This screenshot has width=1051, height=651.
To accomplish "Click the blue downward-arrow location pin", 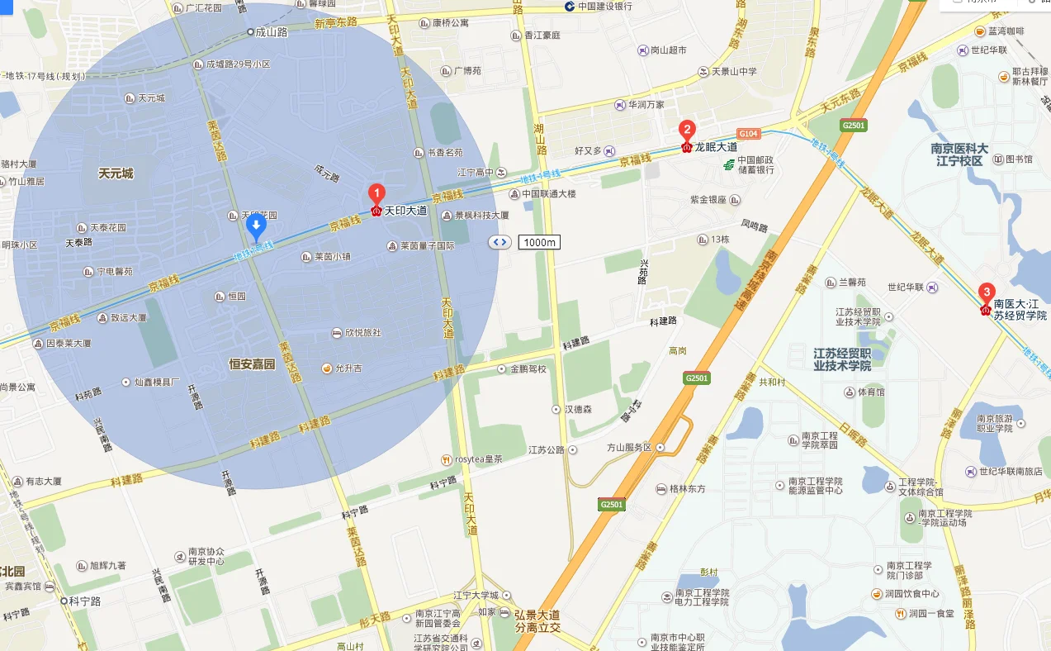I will [256, 225].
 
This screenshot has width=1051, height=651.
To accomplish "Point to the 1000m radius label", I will [539, 242].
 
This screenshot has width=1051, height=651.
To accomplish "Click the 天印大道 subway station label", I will [405, 211].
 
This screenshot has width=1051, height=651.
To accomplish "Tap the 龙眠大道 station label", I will [715, 147].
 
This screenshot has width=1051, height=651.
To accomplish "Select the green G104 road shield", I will [748, 134].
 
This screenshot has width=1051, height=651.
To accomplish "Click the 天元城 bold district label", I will [116, 173].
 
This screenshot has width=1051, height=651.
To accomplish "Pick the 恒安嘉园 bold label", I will [252, 364].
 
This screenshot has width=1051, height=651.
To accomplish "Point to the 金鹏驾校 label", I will [528, 368].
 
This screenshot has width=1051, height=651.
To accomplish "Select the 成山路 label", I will [271, 32].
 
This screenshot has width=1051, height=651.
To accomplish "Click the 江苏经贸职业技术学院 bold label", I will [842, 359].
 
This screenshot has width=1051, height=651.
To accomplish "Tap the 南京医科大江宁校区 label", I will [959, 154].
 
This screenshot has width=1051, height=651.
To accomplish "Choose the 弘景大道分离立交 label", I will [537, 621].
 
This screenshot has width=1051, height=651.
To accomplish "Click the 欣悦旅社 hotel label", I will [362, 333].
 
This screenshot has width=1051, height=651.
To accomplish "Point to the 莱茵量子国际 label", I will [427, 245].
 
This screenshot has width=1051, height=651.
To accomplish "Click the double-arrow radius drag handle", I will [499, 242].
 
